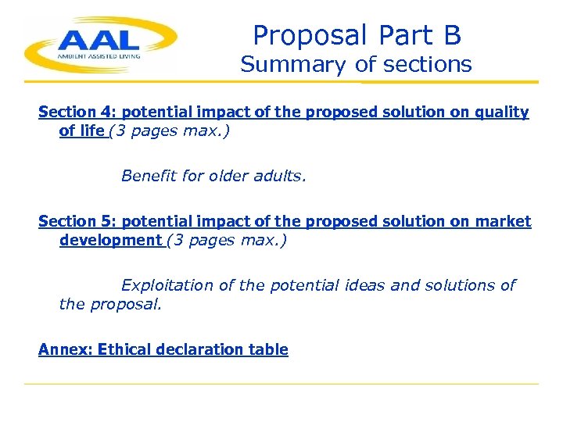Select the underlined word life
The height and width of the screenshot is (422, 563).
92,131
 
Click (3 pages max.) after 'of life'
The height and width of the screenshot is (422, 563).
170,131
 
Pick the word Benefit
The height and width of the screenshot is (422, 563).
149,176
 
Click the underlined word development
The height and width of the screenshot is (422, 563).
110,240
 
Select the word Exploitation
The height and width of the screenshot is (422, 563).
167,285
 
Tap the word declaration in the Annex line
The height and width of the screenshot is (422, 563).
202,349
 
